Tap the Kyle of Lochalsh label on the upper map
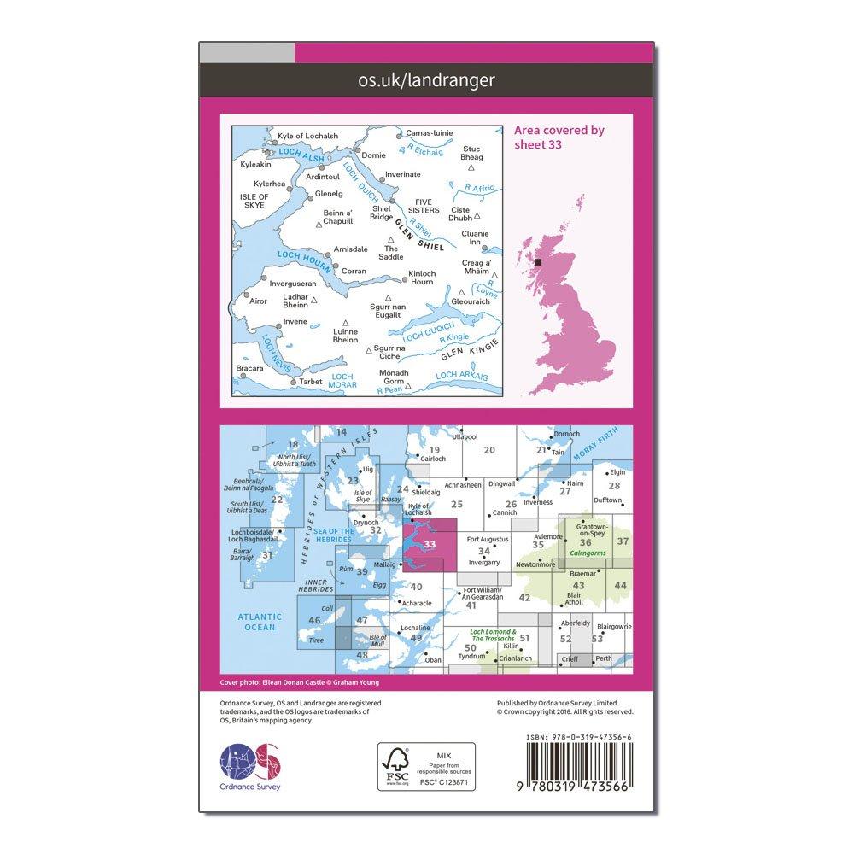pyautogui.click(x=298, y=137)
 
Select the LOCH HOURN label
pyautogui.click(x=304, y=258)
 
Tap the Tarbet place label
pyautogui.click(x=311, y=382)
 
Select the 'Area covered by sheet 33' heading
pyautogui.click(x=559, y=137)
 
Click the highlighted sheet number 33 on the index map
pyautogui.click(x=430, y=544)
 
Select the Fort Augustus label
pyautogui.click(x=488, y=539)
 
